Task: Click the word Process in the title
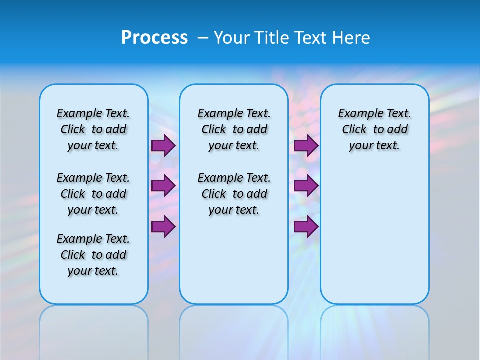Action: [154, 38]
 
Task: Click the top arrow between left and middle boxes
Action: [163, 145]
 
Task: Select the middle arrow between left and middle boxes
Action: [163, 186]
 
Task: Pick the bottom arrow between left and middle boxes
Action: [163, 227]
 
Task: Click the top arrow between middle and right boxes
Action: [306, 145]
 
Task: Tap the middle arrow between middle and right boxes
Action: [306, 186]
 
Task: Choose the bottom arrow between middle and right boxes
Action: [306, 227]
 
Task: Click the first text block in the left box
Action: [93, 129]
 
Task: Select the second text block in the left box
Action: [93, 194]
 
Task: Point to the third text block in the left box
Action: [93, 255]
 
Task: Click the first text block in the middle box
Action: [234, 129]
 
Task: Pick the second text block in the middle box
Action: [234, 194]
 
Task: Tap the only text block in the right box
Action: [374, 129]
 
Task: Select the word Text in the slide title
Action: [312, 38]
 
